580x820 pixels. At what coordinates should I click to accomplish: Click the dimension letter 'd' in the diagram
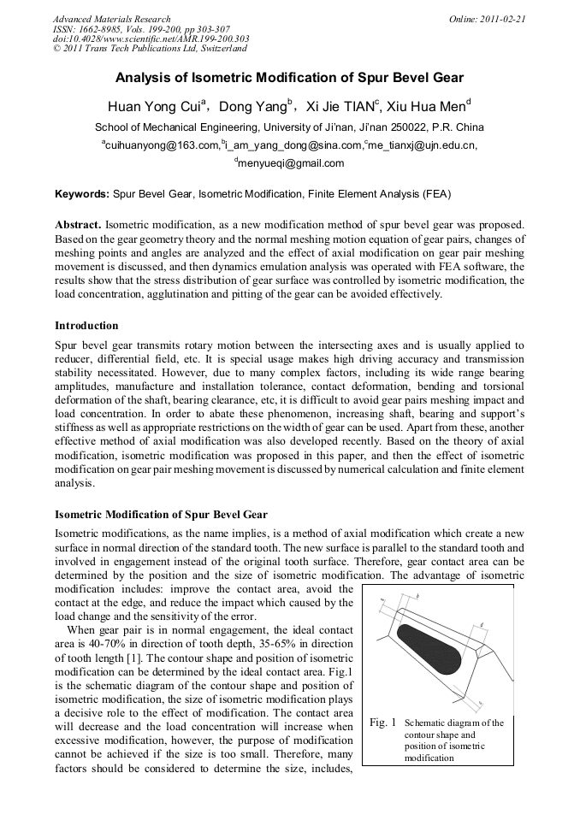coord(482,625)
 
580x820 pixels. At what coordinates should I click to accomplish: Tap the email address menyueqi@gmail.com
coord(291,163)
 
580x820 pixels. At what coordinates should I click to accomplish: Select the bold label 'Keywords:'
coord(82,194)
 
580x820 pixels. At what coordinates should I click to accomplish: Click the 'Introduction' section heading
coord(86,326)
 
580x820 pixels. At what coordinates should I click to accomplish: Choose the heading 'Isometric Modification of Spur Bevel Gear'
coord(161,515)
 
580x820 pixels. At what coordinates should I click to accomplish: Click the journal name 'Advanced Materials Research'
coord(111,19)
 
